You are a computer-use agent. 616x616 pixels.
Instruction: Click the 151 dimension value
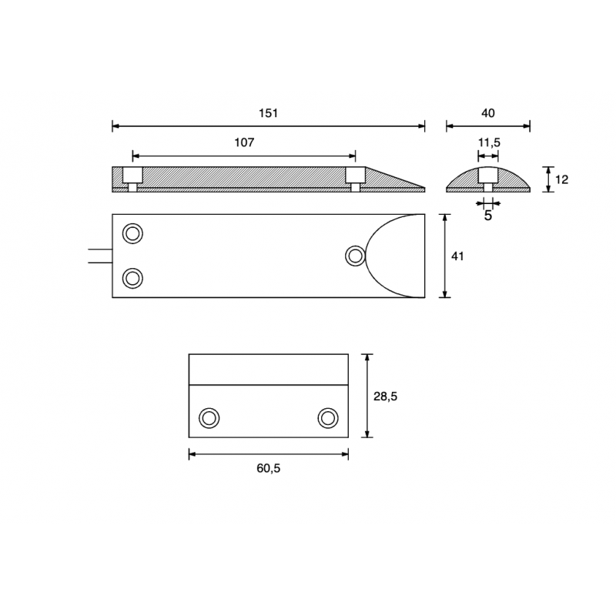pyautogui.click(x=268, y=113)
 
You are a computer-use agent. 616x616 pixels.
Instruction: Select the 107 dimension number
pyautogui.click(x=244, y=142)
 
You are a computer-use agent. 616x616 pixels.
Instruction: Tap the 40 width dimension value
pyautogui.click(x=488, y=113)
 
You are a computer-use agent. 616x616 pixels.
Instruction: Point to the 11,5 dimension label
pyautogui.click(x=489, y=142)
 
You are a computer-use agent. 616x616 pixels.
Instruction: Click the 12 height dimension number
pyautogui.click(x=562, y=179)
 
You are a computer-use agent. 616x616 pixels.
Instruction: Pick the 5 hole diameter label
pyautogui.click(x=488, y=216)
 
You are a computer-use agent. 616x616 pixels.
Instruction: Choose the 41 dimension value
pyautogui.click(x=457, y=256)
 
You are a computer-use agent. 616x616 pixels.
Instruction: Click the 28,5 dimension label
pyautogui.click(x=386, y=397)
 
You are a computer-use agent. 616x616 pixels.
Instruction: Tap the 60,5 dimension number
pyautogui.click(x=268, y=468)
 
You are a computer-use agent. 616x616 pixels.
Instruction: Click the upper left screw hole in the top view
pyautogui.click(x=132, y=234)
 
